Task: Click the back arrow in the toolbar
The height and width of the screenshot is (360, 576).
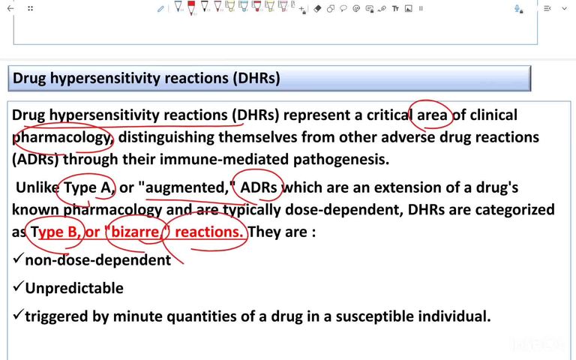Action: [x=10, y=9]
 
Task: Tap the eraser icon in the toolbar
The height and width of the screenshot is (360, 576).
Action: [x=317, y=9]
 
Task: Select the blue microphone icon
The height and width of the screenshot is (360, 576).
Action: [x=518, y=9]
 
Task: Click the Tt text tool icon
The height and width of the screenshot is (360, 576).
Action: [x=395, y=9]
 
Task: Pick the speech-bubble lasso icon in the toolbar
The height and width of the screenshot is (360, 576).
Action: [x=343, y=9]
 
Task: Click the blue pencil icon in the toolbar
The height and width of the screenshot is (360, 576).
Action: [x=160, y=9]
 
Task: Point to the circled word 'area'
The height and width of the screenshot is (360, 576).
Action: [x=432, y=115]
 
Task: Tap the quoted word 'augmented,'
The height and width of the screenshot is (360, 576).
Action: [x=187, y=187]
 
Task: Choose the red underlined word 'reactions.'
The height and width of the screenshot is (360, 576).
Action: [x=210, y=232]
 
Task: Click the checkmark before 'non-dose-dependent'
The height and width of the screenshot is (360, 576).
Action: [x=19, y=259]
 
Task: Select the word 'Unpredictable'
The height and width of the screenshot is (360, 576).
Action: [x=74, y=288]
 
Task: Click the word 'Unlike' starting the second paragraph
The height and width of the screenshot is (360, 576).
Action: [x=37, y=187]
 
